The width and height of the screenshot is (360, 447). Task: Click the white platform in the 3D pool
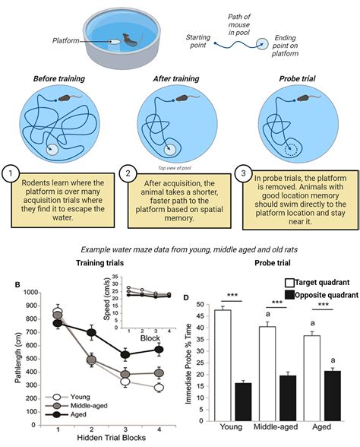(115, 42)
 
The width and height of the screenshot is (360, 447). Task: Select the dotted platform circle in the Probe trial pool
(291, 148)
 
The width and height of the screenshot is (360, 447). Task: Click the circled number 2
(128, 173)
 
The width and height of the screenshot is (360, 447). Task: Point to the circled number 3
(243, 173)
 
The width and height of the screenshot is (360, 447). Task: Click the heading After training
(176, 79)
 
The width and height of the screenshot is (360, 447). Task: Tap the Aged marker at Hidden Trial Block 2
(91, 332)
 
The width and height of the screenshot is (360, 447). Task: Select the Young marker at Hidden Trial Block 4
(159, 388)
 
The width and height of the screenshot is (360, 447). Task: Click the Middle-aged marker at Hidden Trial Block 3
(125, 374)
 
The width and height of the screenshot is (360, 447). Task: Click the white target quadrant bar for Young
(223, 365)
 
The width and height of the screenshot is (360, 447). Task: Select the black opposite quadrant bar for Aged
(332, 395)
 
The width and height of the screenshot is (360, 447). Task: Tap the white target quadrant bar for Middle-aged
(267, 373)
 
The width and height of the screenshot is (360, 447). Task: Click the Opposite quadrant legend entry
(322, 295)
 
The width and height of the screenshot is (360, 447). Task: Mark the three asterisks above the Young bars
(232, 295)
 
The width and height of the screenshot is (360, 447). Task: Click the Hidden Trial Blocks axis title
(112, 438)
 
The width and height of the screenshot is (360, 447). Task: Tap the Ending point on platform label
(285, 46)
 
